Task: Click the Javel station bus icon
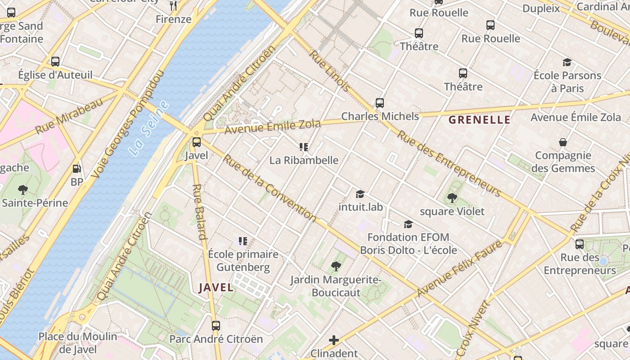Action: click(x=197, y=142)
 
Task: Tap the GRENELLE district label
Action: click(x=480, y=120)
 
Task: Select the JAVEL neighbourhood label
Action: click(x=216, y=288)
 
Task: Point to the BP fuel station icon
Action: click(x=77, y=169)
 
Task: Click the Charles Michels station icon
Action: click(x=380, y=103)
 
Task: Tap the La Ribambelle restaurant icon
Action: click(x=304, y=147)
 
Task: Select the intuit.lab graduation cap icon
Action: click(x=360, y=194)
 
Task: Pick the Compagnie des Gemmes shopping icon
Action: click(x=563, y=142)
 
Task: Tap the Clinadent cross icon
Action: click(x=334, y=340)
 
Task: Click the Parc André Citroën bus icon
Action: click(x=216, y=325)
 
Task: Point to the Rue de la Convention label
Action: click(x=270, y=188)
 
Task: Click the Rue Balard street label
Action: click(x=199, y=211)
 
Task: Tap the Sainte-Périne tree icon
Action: click(x=22, y=189)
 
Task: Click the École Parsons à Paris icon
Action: click(x=567, y=62)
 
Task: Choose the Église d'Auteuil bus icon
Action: click(x=55, y=61)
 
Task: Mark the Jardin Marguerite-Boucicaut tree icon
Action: click(x=336, y=266)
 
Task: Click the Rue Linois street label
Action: click(x=330, y=71)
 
